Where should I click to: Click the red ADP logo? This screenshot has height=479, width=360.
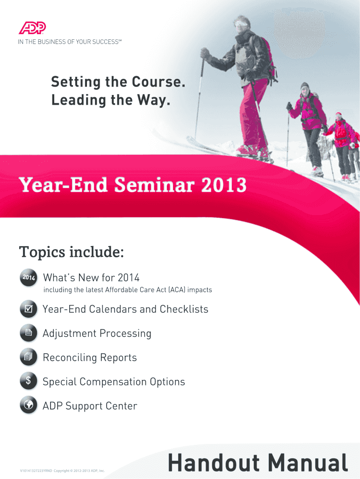32,28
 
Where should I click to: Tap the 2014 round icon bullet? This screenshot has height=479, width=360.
29,277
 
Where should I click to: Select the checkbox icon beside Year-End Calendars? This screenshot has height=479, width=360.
29,309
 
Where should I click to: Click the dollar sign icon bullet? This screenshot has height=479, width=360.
29,381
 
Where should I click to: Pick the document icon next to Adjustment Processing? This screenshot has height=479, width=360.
29,333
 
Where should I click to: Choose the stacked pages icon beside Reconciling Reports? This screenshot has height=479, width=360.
29,357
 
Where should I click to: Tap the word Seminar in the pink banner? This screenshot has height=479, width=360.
154,185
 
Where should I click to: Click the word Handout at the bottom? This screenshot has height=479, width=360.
214,462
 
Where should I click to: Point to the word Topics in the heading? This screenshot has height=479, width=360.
42,252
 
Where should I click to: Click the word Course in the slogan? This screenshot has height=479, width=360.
158,82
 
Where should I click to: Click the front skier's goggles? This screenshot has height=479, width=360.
241,23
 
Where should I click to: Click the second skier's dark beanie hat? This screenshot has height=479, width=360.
305,86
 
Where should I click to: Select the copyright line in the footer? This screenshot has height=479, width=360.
62,471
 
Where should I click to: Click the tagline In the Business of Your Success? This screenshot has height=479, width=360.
70,42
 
